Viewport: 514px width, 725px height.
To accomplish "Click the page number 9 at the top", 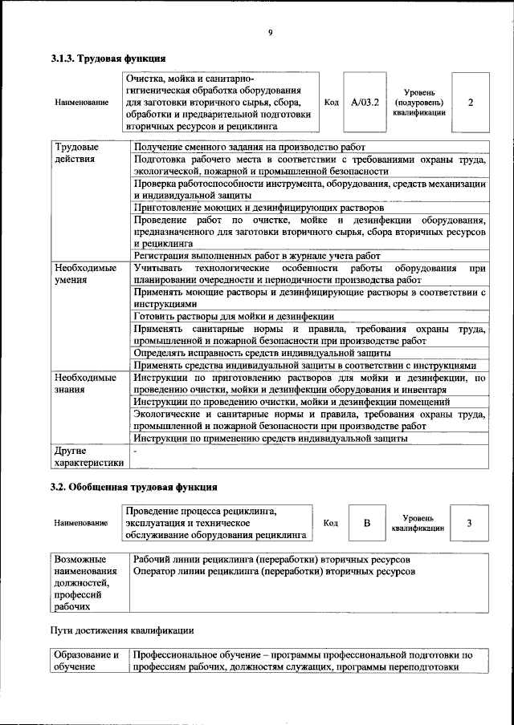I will tap(270, 32).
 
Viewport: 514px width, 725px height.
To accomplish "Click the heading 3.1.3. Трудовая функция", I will tap(108, 59).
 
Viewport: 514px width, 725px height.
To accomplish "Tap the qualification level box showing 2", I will tap(470, 103).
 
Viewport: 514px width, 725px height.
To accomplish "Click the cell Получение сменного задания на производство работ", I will tap(250, 148).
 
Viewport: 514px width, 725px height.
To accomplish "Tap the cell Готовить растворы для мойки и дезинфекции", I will tap(234, 317).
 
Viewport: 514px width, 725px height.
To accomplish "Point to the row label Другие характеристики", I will tap(88, 456).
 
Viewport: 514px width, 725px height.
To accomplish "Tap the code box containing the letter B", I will tap(367, 524).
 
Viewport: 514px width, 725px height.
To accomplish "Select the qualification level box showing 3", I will tap(469, 524).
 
